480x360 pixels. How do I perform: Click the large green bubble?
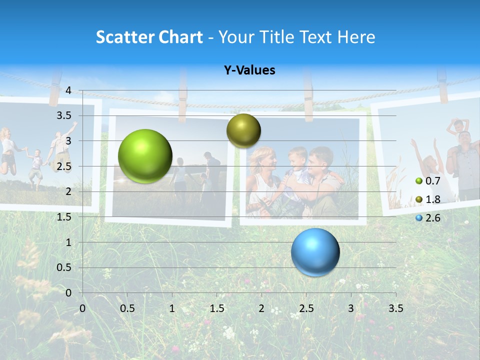(145, 156)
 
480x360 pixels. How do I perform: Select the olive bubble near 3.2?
(243, 130)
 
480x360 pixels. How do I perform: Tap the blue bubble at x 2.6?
(315, 252)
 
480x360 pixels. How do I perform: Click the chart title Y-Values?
(249, 70)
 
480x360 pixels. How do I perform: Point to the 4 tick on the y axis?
(68, 90)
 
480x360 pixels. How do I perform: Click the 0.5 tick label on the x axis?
(127, 308)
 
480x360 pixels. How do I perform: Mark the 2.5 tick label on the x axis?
(306, 308)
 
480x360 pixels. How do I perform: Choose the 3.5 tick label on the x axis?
(396, 308)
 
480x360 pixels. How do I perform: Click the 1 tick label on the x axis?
(172, 308)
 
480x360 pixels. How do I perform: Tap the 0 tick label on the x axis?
(82, 308)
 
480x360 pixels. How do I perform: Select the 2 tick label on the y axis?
(68, 191)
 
